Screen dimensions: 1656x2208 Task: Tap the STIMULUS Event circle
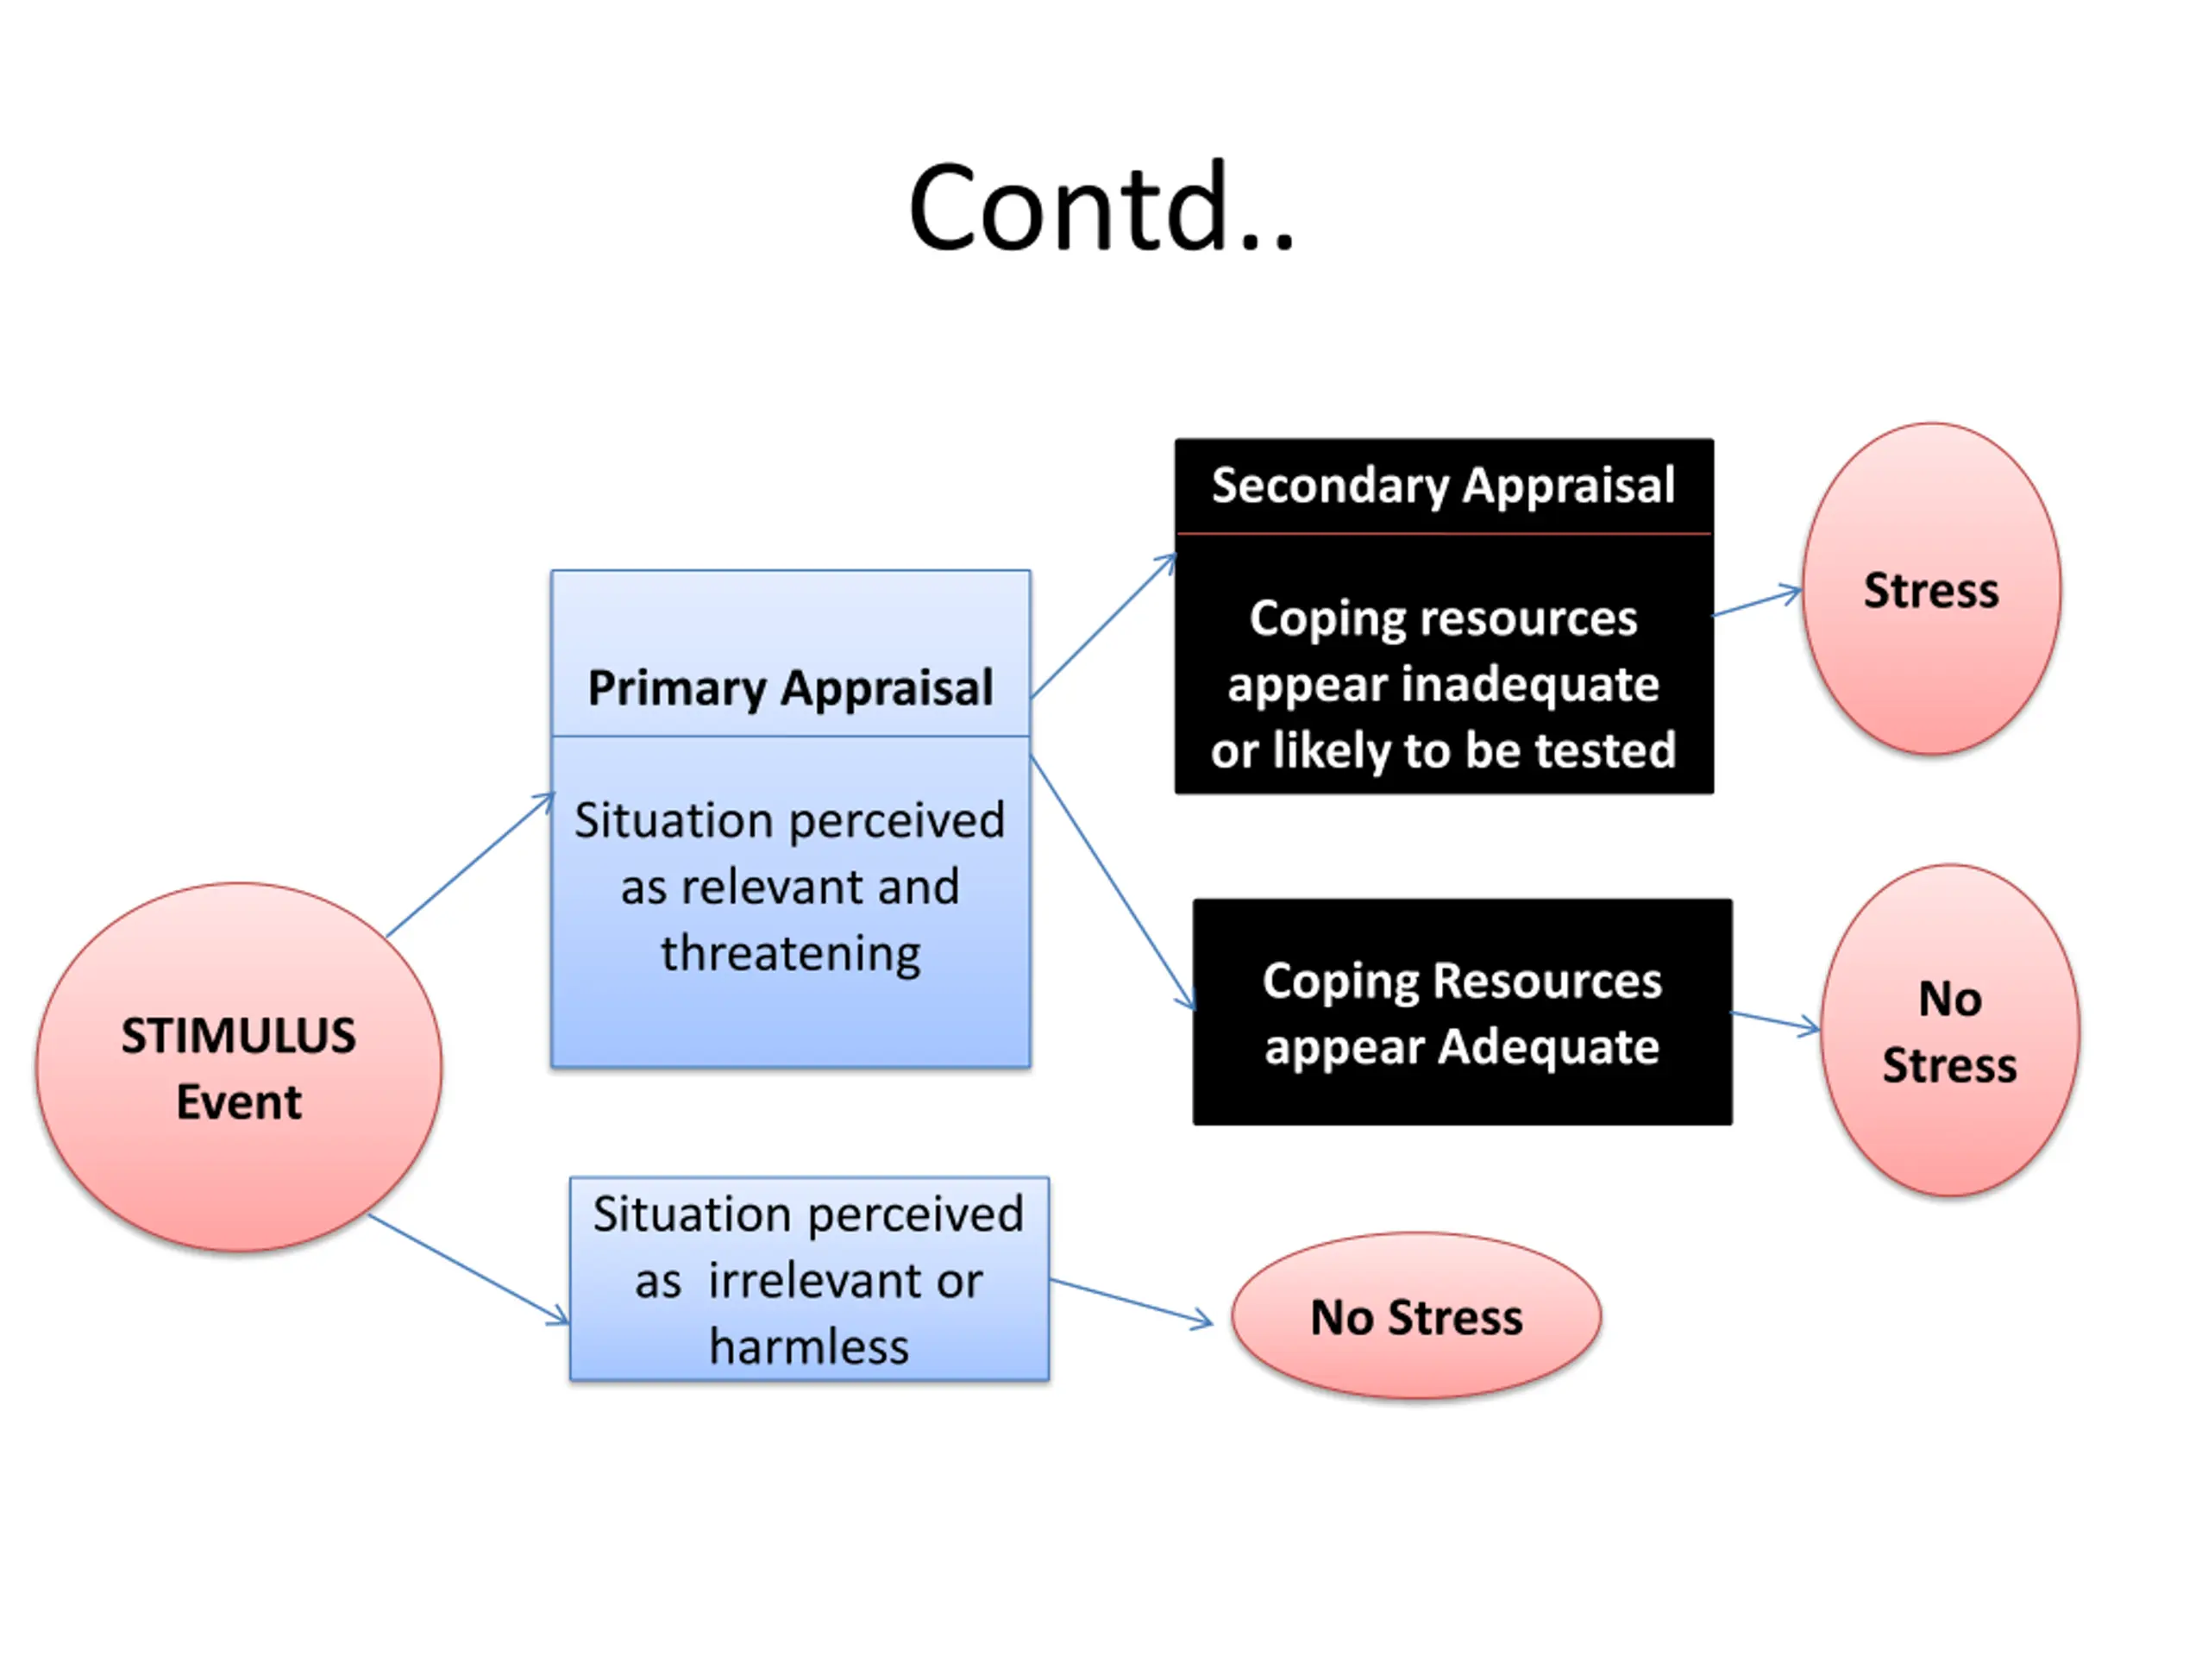point(239,1066)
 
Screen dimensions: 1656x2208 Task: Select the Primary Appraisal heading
point(789,687)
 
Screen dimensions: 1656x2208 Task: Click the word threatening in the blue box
point(789,953)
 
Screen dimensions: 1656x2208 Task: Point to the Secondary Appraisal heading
point(1442,486)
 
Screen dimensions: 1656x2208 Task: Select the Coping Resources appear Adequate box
point(1461,1013)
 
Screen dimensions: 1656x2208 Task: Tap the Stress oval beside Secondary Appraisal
point(1930,589)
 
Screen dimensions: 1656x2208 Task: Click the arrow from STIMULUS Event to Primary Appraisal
point(469,864)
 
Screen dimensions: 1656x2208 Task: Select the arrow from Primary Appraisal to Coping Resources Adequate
point(1112,882)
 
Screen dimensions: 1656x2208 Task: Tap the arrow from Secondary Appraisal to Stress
point(1757,602)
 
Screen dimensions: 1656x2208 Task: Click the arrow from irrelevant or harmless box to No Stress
point(1131,1301)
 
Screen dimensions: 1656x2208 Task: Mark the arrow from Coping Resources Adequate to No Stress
point(1775,1021)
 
